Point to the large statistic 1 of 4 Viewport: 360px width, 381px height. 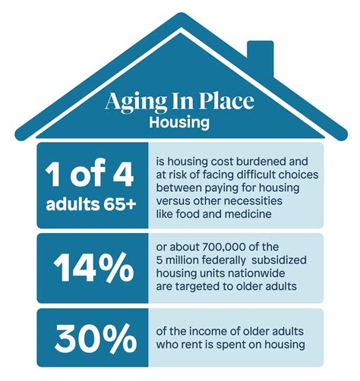tap(90, 175)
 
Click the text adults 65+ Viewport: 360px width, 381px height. tap(90, 204)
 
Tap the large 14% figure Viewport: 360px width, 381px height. tap(90, 266)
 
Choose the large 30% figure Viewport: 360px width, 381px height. tap(90, 334)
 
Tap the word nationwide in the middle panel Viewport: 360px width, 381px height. tap(264, 274)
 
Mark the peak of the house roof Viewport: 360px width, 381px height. tap(179, 17)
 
